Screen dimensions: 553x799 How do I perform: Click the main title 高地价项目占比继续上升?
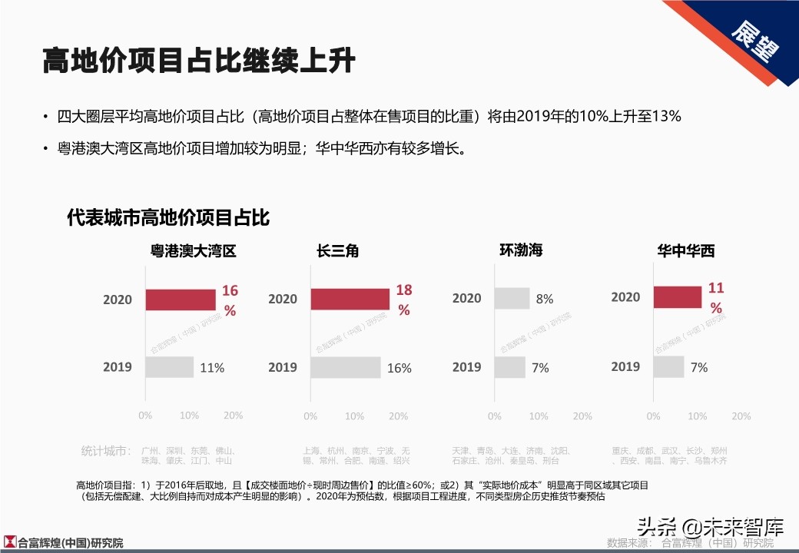click(x=198, y=61)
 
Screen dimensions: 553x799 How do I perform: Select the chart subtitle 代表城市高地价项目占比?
click(x=168, y=217)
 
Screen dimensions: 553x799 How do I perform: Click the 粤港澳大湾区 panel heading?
click(x=193, y=251)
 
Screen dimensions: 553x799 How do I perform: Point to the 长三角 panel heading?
click(x=337, y=251)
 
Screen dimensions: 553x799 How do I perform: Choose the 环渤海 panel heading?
click(x=521, y=250)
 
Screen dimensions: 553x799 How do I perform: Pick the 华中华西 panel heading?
click(x=685, y=251)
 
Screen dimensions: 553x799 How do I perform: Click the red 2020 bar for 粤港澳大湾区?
click(x=180, y=300)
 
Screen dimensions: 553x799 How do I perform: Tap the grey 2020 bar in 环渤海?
click(x=512, y=298)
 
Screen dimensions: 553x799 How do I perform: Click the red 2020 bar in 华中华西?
click(x=678, y=296)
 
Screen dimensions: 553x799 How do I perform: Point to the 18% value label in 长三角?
click(x=404, y=300)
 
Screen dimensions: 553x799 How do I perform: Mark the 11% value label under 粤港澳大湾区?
click(x=212, y=368)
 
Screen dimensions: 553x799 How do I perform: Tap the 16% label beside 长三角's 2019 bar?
click(x=399, y=368)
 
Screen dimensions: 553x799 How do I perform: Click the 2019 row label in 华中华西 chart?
click(x=625, y=366)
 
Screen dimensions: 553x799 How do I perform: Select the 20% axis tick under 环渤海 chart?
click(x=582, y=416)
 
